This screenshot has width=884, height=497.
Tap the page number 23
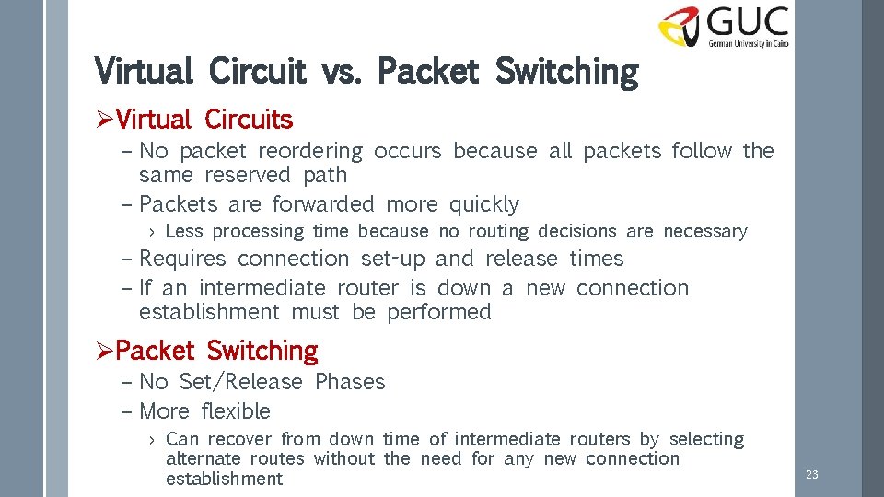(x=811, y=475)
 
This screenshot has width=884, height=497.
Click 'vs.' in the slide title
(x=340, y=71)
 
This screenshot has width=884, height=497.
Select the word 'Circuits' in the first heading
(x=249, y=120)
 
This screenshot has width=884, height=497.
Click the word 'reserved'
(x=248, y=175)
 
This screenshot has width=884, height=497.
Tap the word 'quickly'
(x=484, y=204)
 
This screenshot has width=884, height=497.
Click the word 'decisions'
(x=576, y=231)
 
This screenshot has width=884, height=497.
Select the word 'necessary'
(x=705, y=232)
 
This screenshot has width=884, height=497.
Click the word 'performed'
(x=439, y=312)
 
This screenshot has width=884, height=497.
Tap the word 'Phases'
(x=350, y=382)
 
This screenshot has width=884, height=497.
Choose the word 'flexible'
(x=236, y=411)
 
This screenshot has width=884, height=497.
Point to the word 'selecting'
(x=706, y=440)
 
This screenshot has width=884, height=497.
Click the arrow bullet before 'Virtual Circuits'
(x=105, y=120)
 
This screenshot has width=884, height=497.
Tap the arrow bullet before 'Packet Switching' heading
(x=105, y=351)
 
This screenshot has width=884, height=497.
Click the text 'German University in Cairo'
(x=749, y=42)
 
